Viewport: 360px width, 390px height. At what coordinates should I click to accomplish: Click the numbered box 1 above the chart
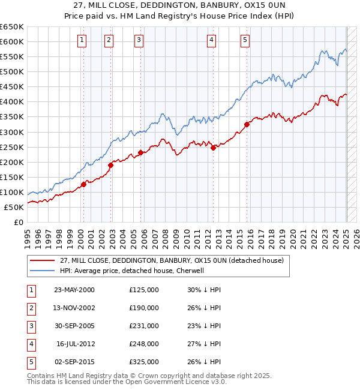(x=82, y=40)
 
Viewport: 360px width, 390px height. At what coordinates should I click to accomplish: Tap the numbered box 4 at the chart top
(x=212, y=40)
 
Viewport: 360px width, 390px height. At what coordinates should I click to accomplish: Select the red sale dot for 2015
(x=247, y=125)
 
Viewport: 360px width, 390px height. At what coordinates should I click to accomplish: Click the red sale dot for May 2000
(x=83, y=184)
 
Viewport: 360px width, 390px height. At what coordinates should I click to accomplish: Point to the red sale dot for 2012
(x=213, y=148)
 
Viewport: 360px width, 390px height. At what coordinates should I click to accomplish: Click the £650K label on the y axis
(x=12, y=27)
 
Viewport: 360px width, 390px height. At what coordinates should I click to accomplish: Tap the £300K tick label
(x=12, y=132)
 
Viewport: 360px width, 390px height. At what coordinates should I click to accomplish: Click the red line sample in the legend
(x=41, y=260)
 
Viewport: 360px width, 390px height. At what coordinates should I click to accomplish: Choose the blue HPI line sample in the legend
(x=41, y=271)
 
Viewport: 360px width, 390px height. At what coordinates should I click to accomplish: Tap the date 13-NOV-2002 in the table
(x=74, y=308)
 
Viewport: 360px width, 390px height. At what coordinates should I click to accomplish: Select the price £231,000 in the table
(x=144, y=326)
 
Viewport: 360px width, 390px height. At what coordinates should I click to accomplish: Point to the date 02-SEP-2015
(x=74, y=362)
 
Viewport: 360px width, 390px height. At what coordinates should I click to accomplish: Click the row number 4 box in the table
(x=31, y=344)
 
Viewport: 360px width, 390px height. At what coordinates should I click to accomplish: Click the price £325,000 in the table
(x=144, y=362)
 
